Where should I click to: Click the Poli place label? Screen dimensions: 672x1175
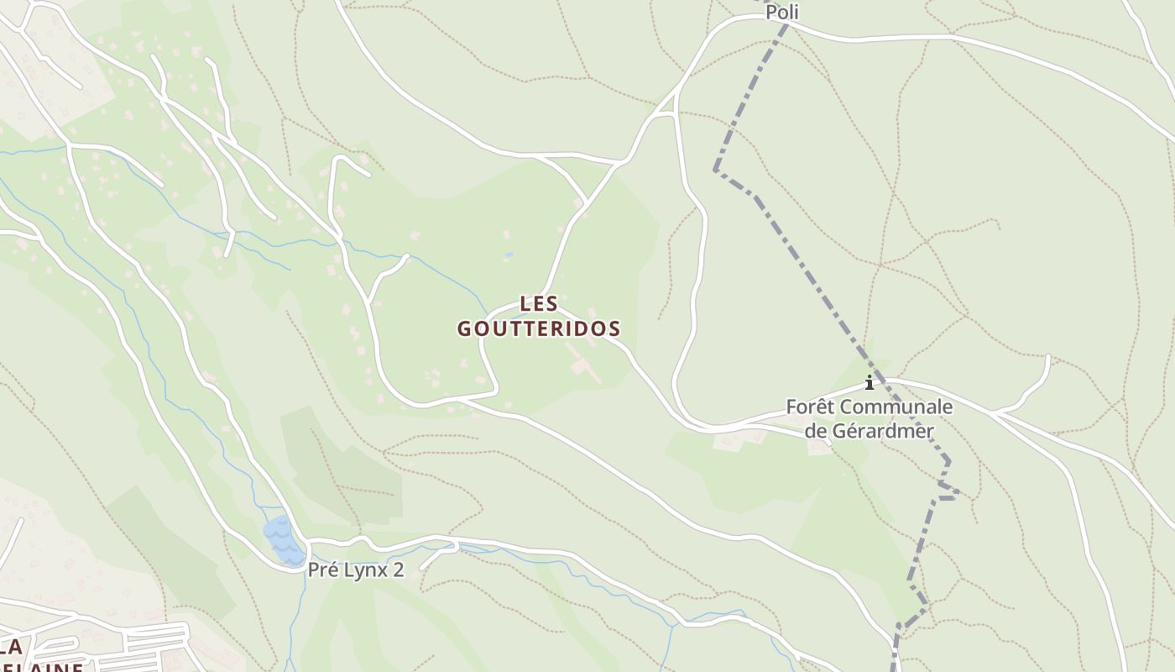click(781, 13)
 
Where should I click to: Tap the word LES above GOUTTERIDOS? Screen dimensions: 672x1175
click(539, 303)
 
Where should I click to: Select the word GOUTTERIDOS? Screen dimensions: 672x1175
click(539, 328)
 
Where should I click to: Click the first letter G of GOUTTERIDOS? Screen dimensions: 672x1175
click(464, 328)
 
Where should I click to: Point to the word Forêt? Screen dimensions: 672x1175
click(811, 407)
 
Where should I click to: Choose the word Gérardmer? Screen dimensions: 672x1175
click(881, 431)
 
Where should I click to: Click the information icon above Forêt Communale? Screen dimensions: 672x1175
click(869, 383)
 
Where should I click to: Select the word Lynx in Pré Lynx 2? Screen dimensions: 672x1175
click(365, 570)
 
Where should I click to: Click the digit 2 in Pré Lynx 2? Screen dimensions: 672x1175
click(398, 570)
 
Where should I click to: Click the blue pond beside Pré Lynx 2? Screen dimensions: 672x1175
click(282, 540)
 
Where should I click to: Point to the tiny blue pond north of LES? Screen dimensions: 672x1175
click(509, 254)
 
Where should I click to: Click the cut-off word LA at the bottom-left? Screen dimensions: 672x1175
click(10, 648)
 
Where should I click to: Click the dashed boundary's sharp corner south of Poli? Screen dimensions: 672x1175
click(716, 171)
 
